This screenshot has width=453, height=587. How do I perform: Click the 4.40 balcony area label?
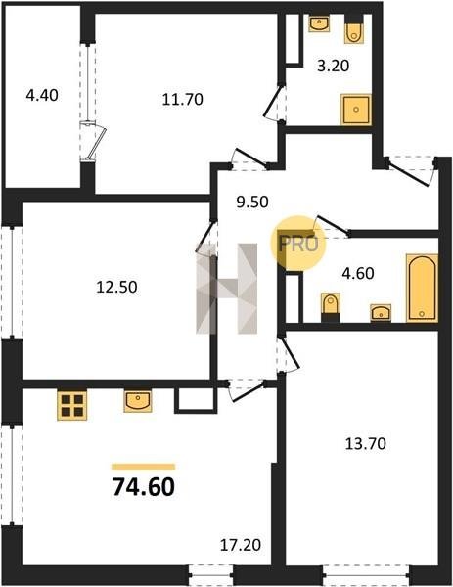point(42,96)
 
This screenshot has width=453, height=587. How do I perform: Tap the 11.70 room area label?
point(183,99)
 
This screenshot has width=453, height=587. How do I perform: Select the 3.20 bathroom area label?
point(333,66)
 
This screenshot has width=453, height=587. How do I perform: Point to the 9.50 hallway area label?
point(252,203)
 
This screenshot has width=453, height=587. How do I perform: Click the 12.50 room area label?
point(116,287)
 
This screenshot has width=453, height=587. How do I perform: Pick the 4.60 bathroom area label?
point(358,273)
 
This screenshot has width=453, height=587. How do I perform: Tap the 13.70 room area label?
point(365,444)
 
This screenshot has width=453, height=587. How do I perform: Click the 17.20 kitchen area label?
point(241,545)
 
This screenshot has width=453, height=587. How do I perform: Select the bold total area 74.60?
point(144,487)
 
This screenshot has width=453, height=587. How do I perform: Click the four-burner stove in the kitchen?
point(71,405)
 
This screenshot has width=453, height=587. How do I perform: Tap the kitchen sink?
point(138,401)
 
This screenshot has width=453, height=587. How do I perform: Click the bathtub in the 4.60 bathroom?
point(422,288)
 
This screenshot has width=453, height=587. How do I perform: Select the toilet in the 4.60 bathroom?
point(331,307)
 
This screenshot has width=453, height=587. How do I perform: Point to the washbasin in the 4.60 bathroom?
point(381,313)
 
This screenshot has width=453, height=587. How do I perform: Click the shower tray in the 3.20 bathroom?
point(356,110)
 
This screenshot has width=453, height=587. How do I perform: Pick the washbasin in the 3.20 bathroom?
point(319,23)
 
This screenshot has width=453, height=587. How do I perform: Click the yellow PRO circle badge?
point(298,244)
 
